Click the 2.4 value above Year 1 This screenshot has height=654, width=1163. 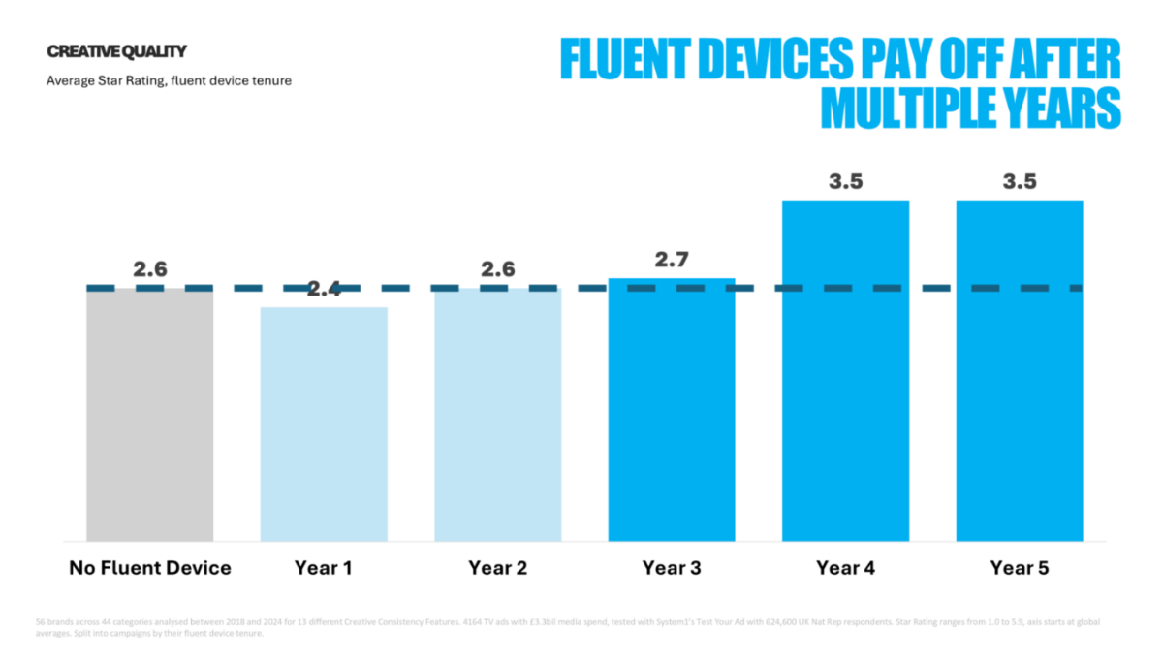(x=324, y=289)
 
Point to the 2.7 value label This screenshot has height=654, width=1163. (x=672, y=260)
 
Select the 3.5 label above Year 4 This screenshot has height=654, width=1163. (x=845, y=182)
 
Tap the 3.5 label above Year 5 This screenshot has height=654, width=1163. (x=1019, y=182)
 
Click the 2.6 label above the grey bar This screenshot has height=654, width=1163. (x=149, y=269)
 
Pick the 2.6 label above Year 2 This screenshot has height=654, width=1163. (x=497, y=269)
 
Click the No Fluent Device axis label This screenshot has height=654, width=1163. (x=149, y=568)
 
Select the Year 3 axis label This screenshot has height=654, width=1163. (x=672, y=568)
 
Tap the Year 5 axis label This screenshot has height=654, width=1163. (x=1019, y=568)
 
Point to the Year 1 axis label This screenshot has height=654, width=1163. (x=324, y=568)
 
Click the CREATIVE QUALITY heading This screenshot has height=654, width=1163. (x=116, y=51)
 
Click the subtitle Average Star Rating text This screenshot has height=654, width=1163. (x=169, y=80)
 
